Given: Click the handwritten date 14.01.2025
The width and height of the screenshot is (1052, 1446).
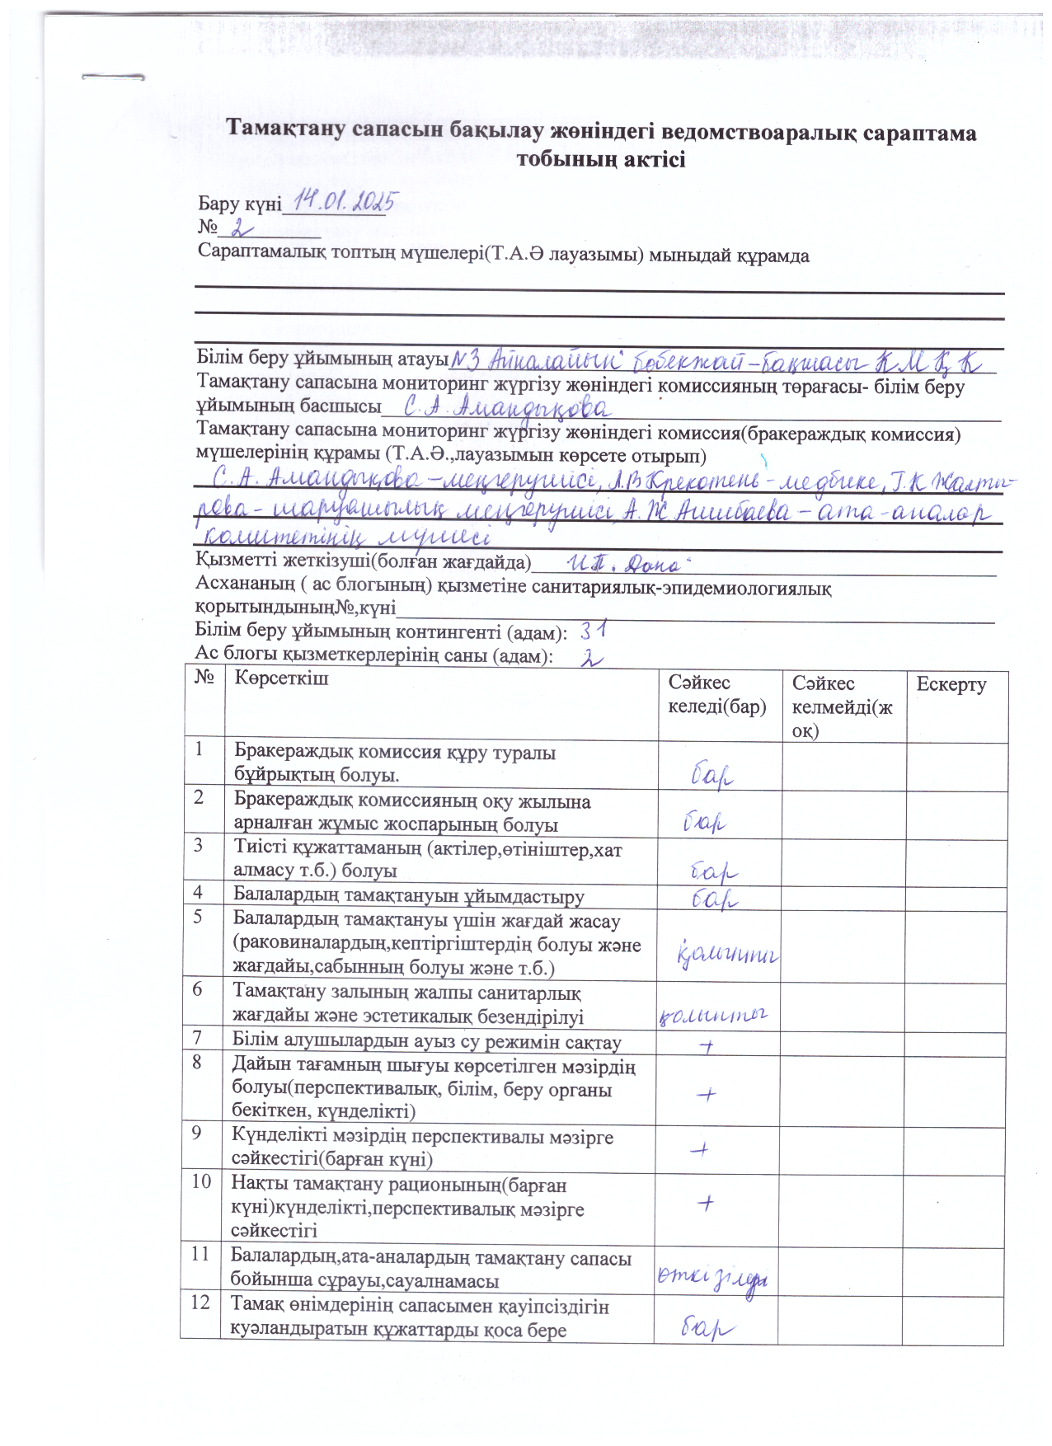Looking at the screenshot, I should click(347, 200).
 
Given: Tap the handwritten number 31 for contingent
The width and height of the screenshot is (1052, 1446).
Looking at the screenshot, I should click(594, 631).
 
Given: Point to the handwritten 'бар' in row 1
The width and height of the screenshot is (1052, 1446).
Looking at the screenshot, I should click(712, 775).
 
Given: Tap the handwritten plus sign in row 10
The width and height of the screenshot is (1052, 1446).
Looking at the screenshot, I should click(705, 1203).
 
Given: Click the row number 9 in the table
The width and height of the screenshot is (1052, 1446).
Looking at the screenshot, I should click(198, 1134).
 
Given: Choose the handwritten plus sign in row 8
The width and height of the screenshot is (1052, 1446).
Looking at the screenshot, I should click(706, 1094).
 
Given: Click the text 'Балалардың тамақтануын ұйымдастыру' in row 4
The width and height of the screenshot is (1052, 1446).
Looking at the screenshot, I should click(409, 896).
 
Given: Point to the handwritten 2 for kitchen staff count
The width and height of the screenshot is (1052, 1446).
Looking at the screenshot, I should click(592, 658).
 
